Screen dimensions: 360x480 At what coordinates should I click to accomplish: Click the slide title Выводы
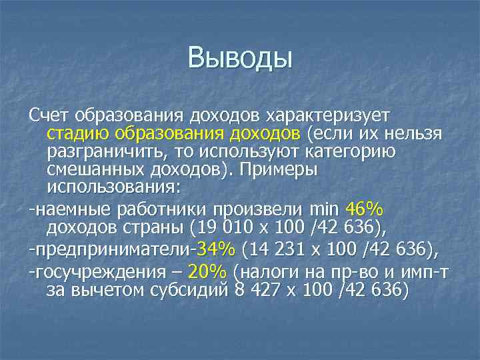click(241, 58)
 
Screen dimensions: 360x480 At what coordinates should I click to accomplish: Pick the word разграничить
click(105, 151)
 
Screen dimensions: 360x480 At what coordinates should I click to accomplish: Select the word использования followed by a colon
click(113, 187)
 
